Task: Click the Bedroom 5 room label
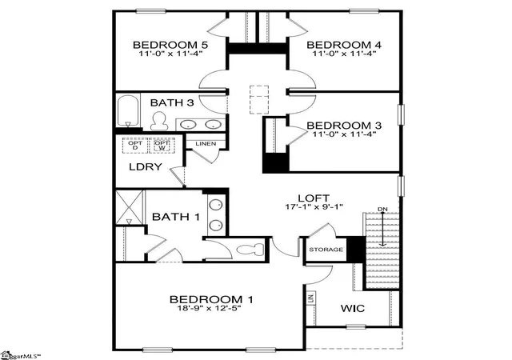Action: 170,45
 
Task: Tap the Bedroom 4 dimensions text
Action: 344,54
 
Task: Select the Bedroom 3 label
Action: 344,126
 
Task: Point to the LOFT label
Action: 314,198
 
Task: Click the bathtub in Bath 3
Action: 128,110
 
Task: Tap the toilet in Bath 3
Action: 159,121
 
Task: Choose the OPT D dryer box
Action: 135,146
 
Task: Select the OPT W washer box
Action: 162,146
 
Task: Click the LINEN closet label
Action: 206,144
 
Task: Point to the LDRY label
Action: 146,167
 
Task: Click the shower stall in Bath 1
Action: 130,207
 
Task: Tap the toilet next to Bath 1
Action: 250,250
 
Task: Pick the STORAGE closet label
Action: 326,250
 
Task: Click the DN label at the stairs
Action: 382,209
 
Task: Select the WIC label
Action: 353,308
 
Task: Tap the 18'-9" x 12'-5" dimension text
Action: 210,308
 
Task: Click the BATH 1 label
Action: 176,217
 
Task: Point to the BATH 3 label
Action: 172,102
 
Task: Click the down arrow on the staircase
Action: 382,229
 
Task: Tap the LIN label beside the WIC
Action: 310,298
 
